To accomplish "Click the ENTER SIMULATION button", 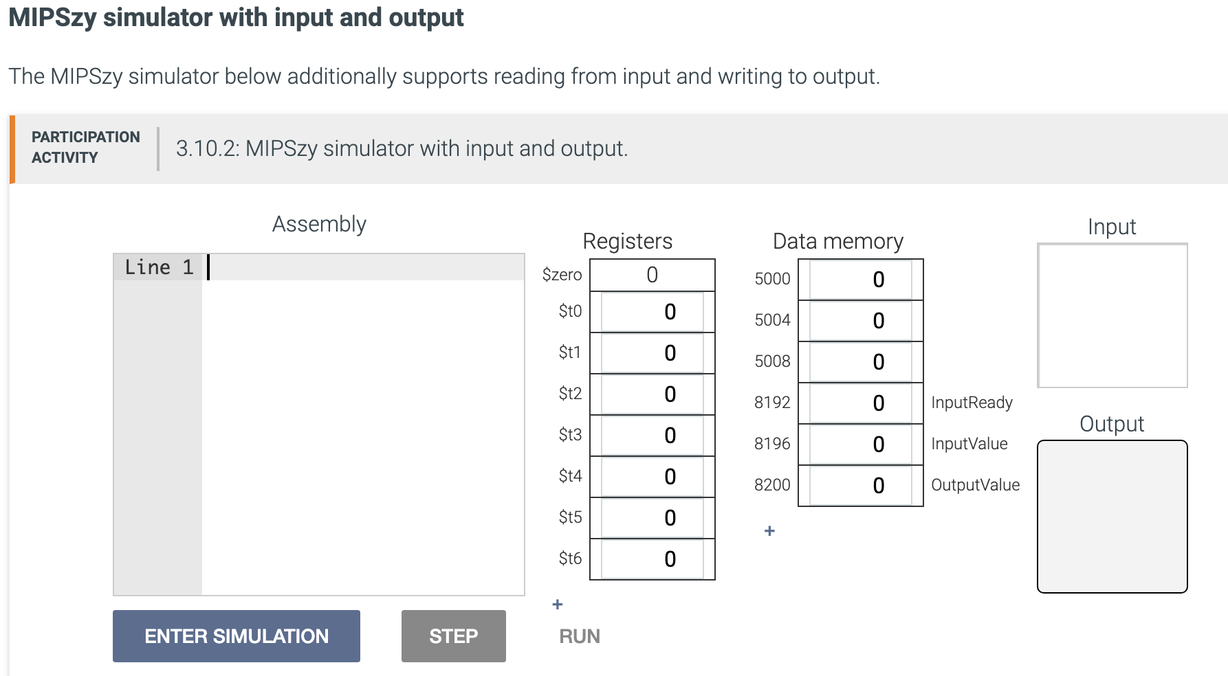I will coord(236,636).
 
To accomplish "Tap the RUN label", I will coord(579,636).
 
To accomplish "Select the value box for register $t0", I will coord(652,312).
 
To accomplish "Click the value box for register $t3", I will coord(652,436).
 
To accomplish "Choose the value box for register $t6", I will coord(652,559).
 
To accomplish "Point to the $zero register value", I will coord(652,275).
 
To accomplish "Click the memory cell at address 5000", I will coord(860,280).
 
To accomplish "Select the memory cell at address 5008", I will coord(860,362).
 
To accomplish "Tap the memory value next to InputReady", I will coord(860,403).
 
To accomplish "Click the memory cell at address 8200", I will coord(860,486).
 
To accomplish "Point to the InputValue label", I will coord(969,444).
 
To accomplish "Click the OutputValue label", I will coord(975,485).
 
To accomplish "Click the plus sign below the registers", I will coord(558,605).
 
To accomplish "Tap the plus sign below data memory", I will coord(769,531).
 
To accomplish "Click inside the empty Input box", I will coord(1112,315).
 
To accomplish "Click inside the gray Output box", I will coord(1112,517).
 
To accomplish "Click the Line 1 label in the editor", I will coord(159,267).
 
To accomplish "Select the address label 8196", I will coord(772,444).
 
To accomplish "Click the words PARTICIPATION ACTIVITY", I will coord(85,147).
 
